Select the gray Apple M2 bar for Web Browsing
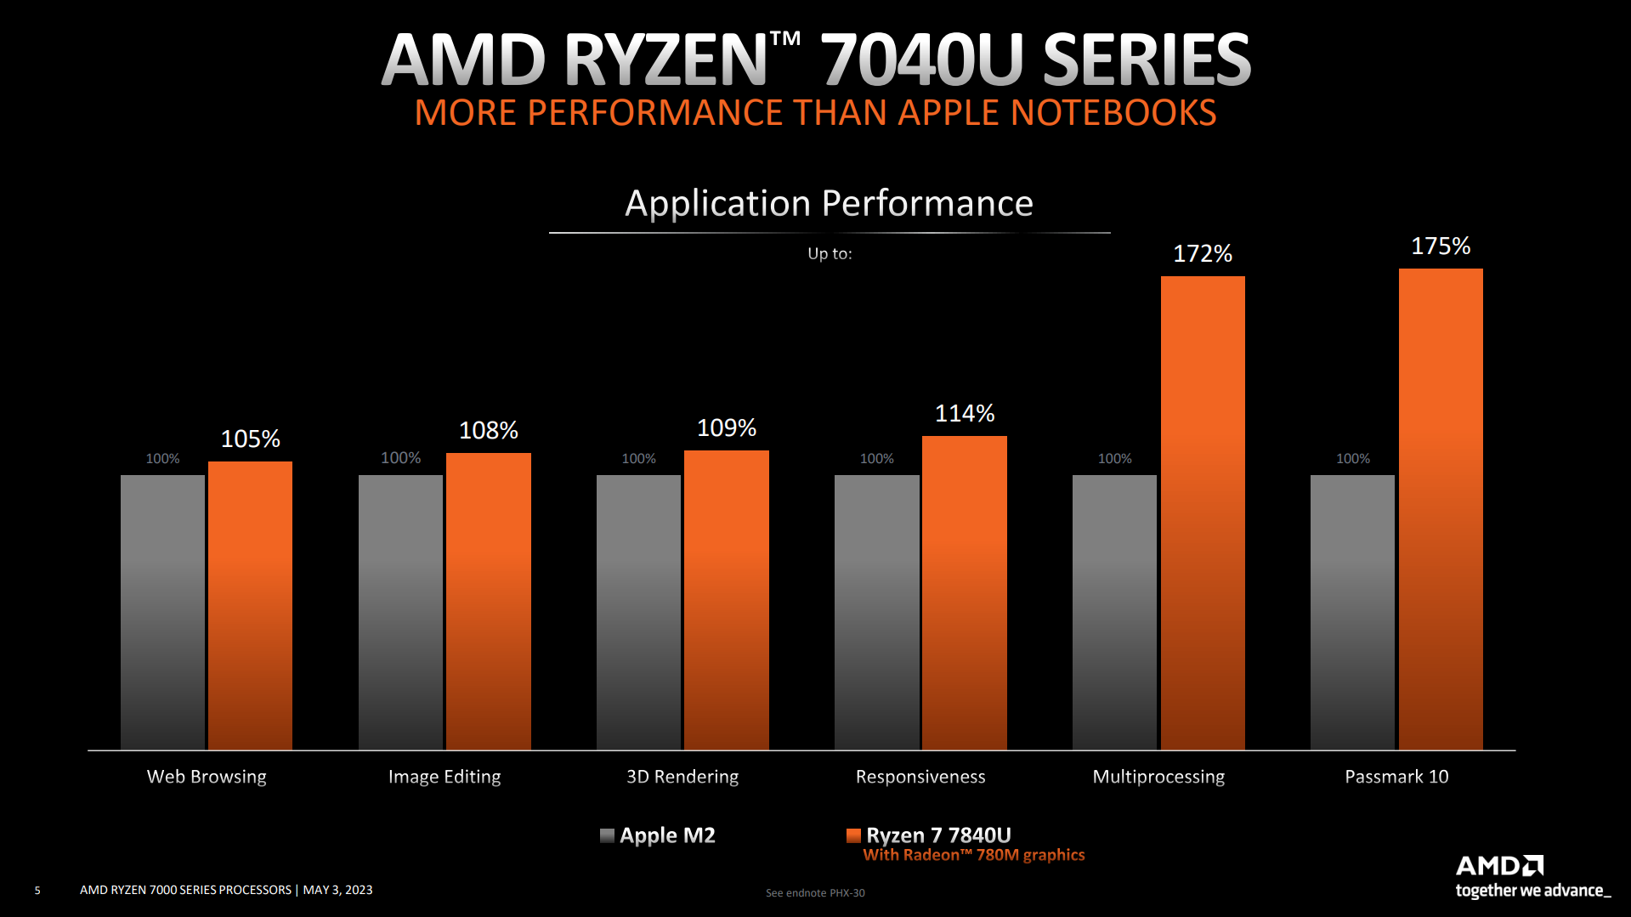coord(162,612)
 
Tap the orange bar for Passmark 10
coord(1441,509)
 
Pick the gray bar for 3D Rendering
coord(638,612)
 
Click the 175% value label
coord(1441,246)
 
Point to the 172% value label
coord(1203,253)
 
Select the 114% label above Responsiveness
coord(965,414)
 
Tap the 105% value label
coord(250,439)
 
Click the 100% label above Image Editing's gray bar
coord(400,458)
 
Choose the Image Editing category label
coord(445,777)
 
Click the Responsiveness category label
coord(920,777)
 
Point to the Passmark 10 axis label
coord(1396,777)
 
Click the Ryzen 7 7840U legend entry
coord(937,835)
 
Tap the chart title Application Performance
coord(829,203)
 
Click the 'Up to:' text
coord(830,253)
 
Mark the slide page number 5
coord(37,891)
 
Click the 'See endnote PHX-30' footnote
coord(815,893)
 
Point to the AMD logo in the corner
coord(1499,866)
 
